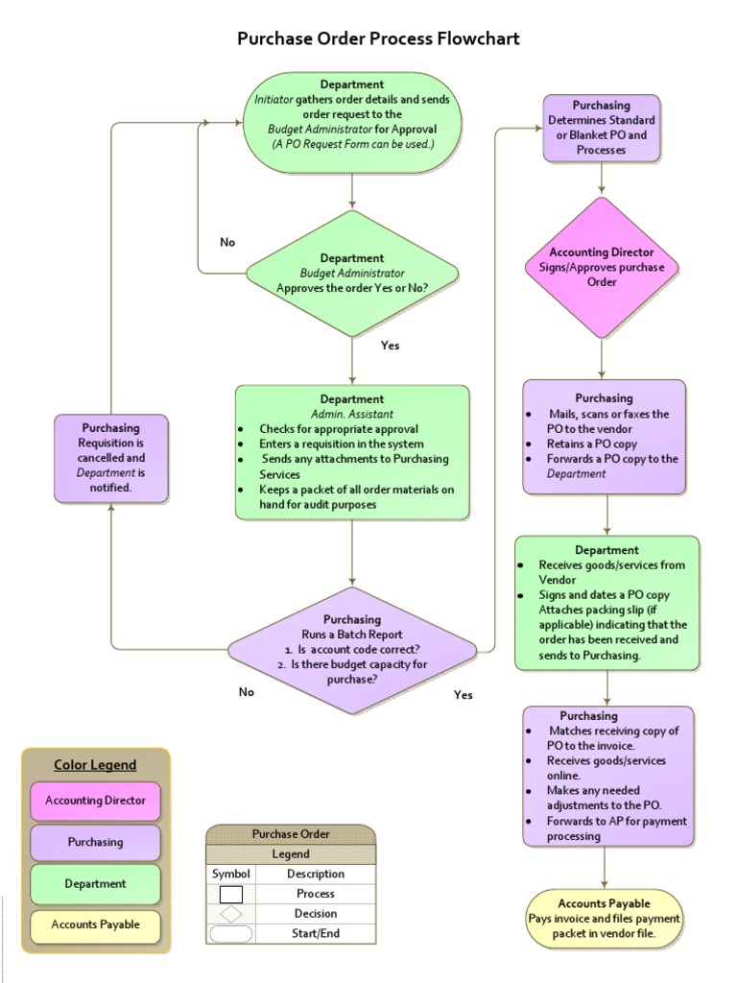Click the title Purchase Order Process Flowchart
click(x=378, y=39)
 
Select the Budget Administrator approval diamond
click(x=352, y=273)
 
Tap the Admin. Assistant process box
click(x=352, y=451)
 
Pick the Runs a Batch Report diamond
click(x=352, y=650)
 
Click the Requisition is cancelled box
click(x=111, y=458)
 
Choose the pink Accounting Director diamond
click(x=602, y=267)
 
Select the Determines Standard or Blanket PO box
click(x=602, y=128)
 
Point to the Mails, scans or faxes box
click(x=605, y=436)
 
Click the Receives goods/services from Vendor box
click(x=606, y=602)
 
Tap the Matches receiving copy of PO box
click(x=608, y=776)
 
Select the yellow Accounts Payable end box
click(x=605, y=918)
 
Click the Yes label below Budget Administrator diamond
click(x=390, y=346)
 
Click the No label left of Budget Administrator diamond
click(x=227, y=242)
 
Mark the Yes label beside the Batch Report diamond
click(x=464, y=695)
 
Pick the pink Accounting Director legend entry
click(x=95, y=801)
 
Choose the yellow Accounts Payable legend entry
click(x=95, y=924)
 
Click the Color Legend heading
click(x=95, y=765)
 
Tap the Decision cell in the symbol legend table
click(x=315, y=914)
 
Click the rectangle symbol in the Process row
click(x=231, y=894)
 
